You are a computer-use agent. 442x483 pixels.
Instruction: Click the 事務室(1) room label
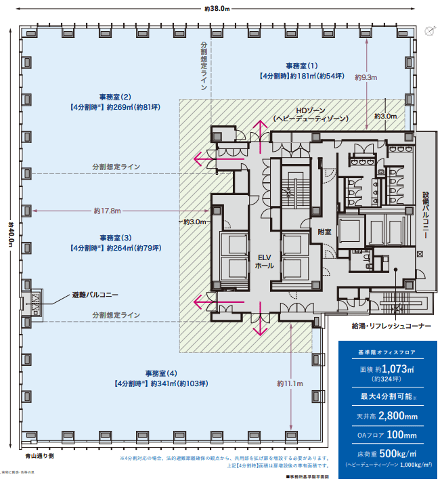[x=302, y=66]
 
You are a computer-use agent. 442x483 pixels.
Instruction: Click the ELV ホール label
[x=264, y=261]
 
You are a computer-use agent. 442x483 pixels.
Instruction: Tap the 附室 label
[x=324, y=232]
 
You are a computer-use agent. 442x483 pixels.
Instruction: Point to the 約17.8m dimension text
[x=107, y=211]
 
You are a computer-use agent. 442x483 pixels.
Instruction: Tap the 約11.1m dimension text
[x=290, y=383]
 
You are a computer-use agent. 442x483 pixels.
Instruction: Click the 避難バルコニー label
[x=95, y=295]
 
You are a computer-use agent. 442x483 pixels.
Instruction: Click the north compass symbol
[x=428, y=30]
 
